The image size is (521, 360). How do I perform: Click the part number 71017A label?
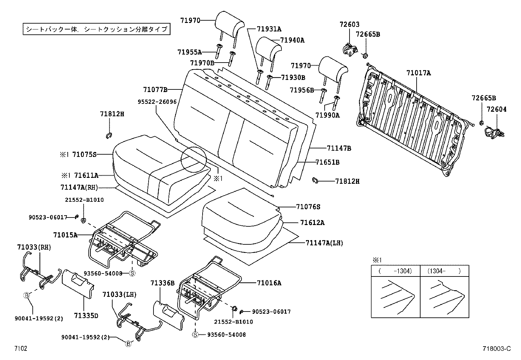pyautogui.click(x=419, y=73)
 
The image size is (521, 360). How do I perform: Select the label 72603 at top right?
pyautogui.click(x=350, y=24)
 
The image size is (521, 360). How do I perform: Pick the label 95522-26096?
pyautogui.click(x=157, y=102)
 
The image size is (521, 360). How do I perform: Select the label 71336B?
pyautogui.click(x=163, y=283)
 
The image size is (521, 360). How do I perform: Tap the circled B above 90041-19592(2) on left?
pyautogui.click(x=27, y=295)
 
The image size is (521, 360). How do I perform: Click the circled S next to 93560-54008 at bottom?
pyautogui.click(x=195, y=334)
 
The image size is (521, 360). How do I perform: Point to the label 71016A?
pyautogui.click(x=269, y=283)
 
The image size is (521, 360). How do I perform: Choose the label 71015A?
pyautogui.click(x=65, y=235)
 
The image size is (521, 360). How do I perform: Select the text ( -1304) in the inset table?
pyautogui.click(x=395, y=271)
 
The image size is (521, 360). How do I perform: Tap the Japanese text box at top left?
pyautogui.click(x=97, y=29)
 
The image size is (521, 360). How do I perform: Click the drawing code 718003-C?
pyautogui.click(x=496, y=349)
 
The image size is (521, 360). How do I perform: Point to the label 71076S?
pyautogui.click(x=308, y=207)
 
